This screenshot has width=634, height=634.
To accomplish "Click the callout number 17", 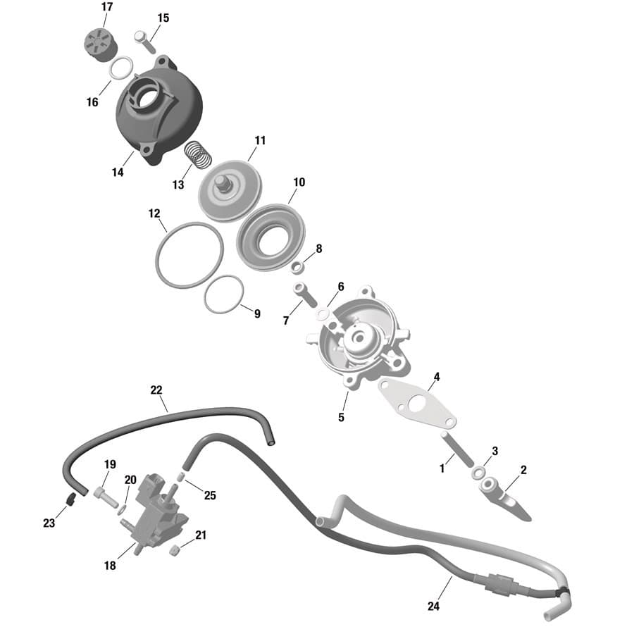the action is point(107,7).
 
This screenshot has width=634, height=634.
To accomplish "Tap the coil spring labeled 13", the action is point(198,154).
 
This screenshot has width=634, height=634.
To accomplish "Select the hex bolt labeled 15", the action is point(144,42).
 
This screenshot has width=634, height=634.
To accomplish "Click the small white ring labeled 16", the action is point(121,67).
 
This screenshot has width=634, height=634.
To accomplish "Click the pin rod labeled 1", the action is point(457,449).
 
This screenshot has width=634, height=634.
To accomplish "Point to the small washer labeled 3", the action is point(479,472).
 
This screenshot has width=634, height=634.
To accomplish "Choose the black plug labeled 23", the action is point(71,499).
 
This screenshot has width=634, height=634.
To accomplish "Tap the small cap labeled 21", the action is point(174,549).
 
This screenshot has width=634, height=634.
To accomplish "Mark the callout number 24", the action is point(433,606).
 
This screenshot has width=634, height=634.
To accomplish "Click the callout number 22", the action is point(156,390).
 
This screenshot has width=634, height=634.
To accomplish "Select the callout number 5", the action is point(341,417).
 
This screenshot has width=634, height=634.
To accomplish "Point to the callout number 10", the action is point(299,182).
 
